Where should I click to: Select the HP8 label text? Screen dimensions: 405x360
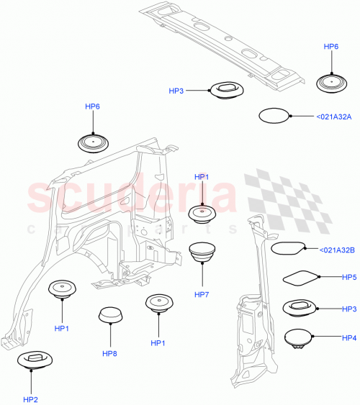click(109, 353)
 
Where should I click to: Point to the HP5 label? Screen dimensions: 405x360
click(349, 277)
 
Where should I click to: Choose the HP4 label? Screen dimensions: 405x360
click(349, 337)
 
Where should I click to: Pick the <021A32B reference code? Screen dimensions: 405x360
click(333, 250)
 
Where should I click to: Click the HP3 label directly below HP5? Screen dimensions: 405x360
click(349, 309)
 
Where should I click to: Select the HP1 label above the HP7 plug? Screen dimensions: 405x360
click(202, 177)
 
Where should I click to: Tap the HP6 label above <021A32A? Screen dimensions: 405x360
click(331, 46)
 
